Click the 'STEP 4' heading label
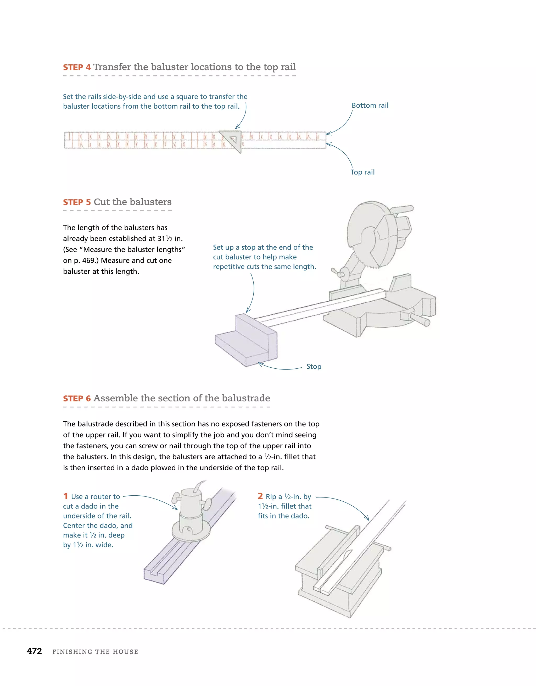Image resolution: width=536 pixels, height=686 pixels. [x=77, y=68]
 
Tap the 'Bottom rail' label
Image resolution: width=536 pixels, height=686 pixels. [x=370, y=106]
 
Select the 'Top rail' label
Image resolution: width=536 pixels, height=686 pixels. [x=362, y=172]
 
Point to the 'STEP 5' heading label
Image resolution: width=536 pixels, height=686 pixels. [x=77, y=202]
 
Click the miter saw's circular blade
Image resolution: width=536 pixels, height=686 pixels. [x=367, y=233]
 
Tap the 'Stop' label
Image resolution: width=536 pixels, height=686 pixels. [x=314, y=367]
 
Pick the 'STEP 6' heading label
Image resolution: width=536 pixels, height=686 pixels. [x=77, y=399]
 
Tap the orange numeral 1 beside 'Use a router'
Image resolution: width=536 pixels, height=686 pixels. [x=66, y=496]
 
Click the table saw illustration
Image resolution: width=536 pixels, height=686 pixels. [x=339, y=575]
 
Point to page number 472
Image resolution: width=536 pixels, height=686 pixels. [x=35, y=651]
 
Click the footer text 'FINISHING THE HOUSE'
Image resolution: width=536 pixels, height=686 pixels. [x=95, y=652]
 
